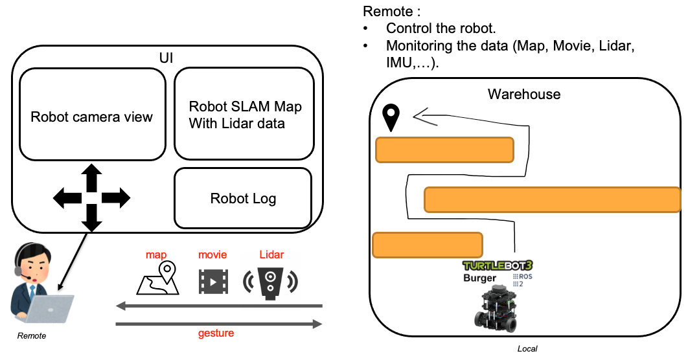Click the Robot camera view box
92,115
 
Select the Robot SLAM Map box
244,114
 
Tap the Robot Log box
243,198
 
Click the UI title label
166,58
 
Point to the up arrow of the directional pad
91,177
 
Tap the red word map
156,255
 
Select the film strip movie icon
213,280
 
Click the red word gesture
216,333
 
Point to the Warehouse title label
523,95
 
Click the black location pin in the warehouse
391,117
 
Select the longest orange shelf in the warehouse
552,200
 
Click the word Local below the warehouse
527,349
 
